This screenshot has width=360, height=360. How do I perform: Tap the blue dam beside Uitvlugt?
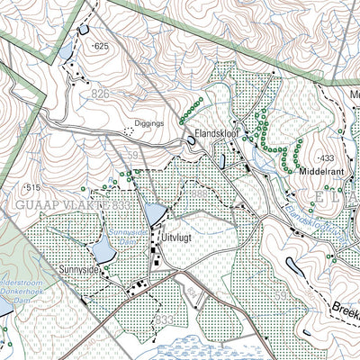[155, 212]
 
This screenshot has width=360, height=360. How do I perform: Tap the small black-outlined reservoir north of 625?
[84, 29]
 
